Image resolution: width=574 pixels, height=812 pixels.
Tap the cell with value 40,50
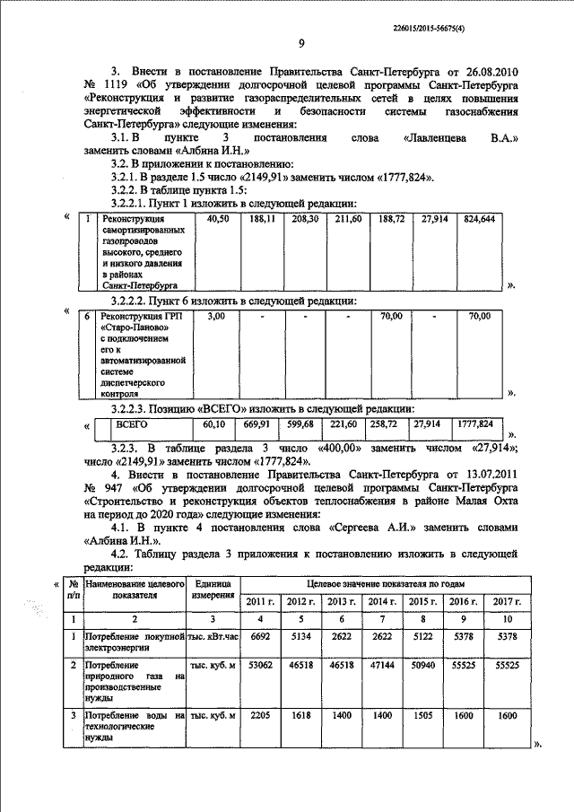[218, 218]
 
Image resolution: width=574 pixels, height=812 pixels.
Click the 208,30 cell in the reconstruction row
[306, 218]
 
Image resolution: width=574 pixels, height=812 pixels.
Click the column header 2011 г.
[260, 600]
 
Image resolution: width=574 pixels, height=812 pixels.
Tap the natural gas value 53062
[259, 668]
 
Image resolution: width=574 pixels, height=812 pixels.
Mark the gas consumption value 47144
[382, 668]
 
